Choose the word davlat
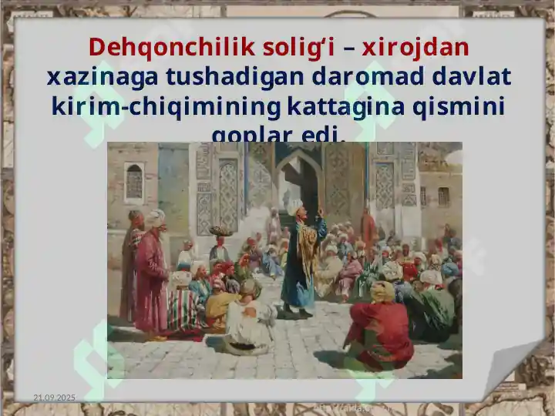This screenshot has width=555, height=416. point(472,77)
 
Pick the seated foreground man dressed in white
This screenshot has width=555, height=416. point(248,320)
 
